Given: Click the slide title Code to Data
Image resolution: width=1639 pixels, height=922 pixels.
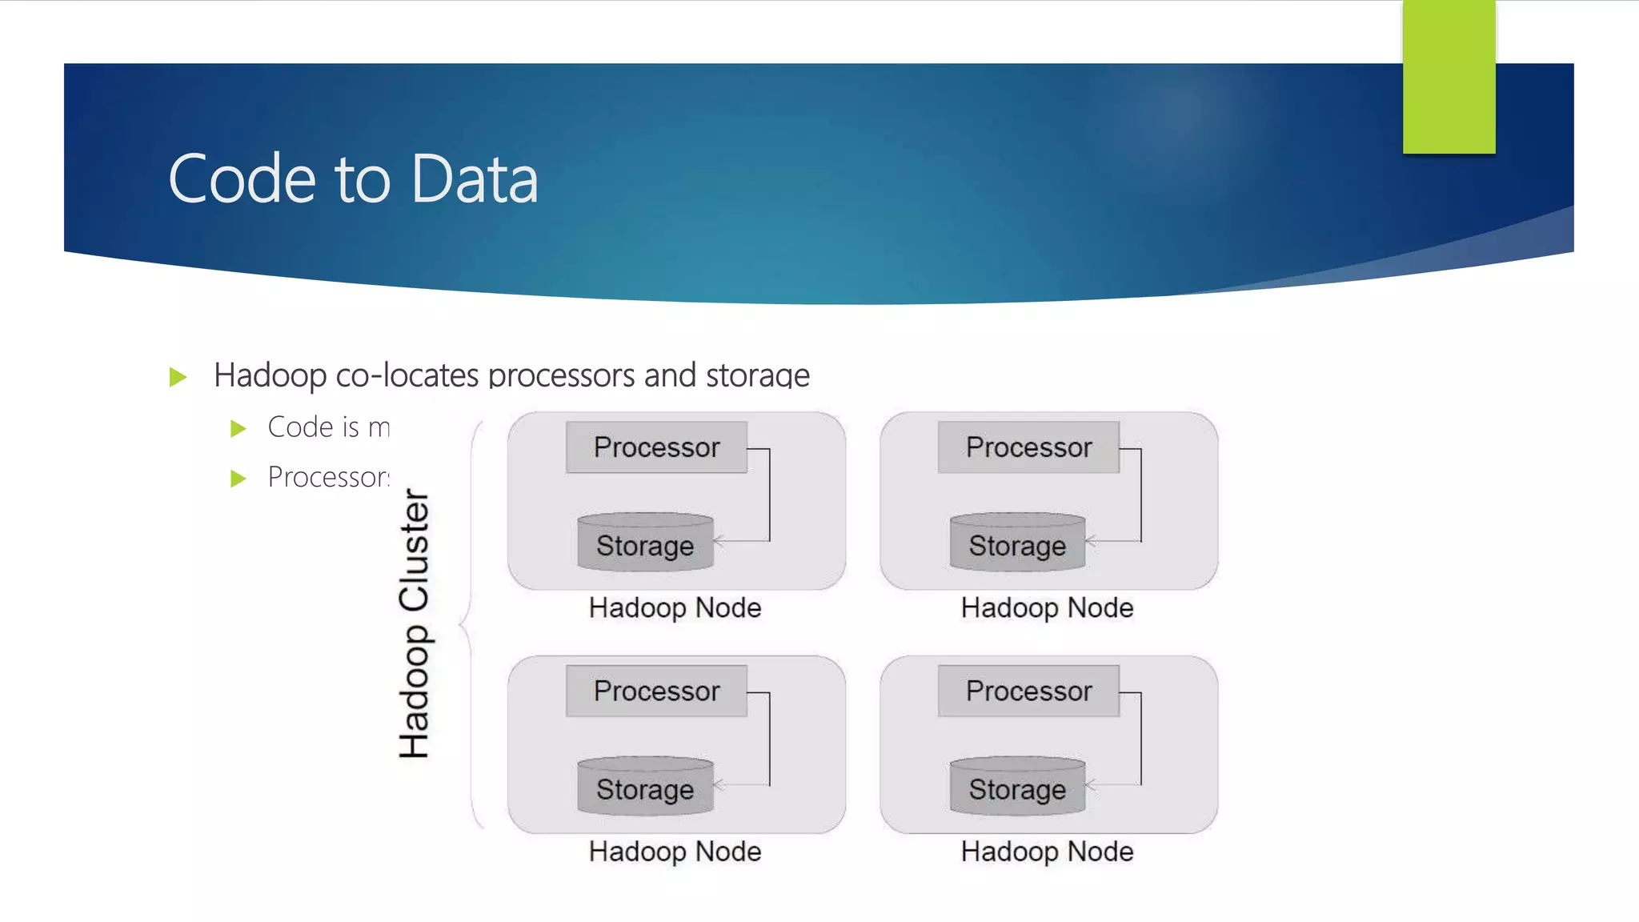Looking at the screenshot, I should point(353,179).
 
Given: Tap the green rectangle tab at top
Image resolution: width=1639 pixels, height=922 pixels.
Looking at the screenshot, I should point(1449,77).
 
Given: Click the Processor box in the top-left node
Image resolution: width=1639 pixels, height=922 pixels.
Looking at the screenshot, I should point(656,447).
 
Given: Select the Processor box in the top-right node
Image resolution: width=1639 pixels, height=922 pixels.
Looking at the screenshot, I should point(1028,447).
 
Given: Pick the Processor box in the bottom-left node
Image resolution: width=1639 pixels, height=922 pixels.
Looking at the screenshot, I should point(656,691).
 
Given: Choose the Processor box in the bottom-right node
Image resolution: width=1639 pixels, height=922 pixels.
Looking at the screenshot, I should point(1028,691).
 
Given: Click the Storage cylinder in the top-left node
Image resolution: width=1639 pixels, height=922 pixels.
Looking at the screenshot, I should point(645,543).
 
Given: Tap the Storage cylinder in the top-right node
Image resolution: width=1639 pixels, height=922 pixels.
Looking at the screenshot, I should point(1017,543).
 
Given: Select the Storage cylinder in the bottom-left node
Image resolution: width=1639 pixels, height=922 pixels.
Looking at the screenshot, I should point(645,788).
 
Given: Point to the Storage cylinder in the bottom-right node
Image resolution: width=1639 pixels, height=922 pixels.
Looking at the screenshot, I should point(1017,788).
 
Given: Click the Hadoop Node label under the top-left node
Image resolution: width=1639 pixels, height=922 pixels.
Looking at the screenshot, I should point(675,608).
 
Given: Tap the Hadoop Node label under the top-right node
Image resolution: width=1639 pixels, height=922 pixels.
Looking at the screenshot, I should point(1047,608).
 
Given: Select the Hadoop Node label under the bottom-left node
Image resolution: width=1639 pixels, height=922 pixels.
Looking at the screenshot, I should point(675,852).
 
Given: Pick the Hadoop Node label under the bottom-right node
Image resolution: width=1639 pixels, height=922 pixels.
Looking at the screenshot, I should point(1047,852).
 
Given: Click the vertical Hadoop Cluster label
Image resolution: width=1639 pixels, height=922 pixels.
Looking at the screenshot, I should point(415,623).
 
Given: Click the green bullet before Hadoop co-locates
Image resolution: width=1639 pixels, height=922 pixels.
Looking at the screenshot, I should point(178,377).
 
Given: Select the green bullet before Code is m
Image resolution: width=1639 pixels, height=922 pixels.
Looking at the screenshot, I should point(238,429).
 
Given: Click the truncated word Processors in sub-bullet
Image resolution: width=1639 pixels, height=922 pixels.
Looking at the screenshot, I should point(328,477).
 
